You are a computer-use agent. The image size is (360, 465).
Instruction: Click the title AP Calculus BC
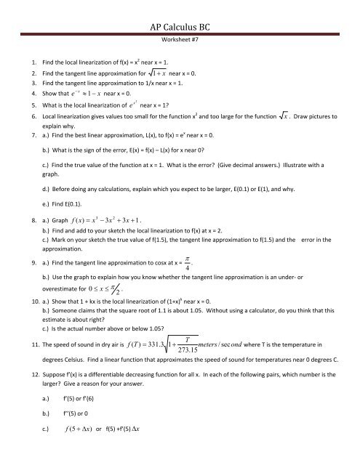click(x=180, y=15)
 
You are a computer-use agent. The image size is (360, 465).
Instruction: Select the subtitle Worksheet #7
click(x=180, y=35)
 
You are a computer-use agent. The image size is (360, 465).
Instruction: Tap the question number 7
click(x=24, y=148)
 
